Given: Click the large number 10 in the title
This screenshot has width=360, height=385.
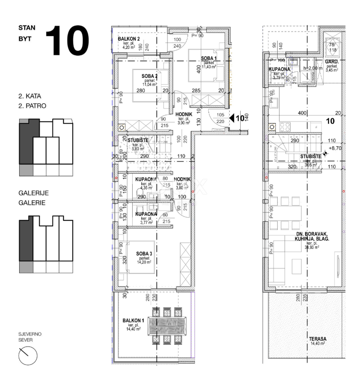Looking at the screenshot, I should [68, 41].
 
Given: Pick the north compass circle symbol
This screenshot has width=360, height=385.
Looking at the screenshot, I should [27, 355].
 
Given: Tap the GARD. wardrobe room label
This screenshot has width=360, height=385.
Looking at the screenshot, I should [331, 61].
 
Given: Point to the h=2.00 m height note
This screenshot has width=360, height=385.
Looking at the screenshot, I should [313, 68].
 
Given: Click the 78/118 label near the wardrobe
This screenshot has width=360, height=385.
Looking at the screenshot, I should [332, 47].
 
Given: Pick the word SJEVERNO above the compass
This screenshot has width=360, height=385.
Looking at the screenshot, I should [30, 334].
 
